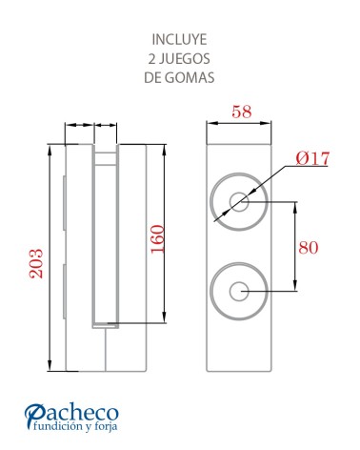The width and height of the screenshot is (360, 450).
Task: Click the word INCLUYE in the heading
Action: (180, 40)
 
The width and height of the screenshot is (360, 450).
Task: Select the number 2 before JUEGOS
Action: (150, 59)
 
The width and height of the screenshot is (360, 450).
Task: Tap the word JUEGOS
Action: (188, 59)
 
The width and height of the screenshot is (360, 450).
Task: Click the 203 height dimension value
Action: (37, 260)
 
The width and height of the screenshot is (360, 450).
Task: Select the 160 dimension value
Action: (158, 239)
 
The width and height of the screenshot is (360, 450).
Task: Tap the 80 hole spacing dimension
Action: (308, 247)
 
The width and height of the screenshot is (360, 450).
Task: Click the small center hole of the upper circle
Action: (239, 203)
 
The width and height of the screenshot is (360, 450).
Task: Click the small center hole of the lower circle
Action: (239, 291)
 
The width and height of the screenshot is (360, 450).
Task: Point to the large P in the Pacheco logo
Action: (35, 417)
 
